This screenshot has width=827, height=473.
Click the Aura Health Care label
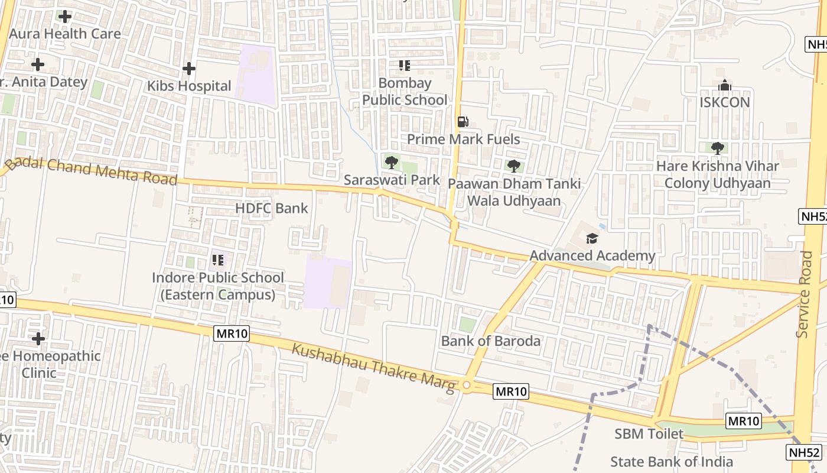coord(65,34)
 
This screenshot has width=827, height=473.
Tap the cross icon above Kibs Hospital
coord(189,69)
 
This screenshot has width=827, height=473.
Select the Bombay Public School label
coord(405,92)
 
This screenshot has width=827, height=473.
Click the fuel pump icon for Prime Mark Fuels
coord(463,122)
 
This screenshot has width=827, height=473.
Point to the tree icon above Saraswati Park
coord(391,162)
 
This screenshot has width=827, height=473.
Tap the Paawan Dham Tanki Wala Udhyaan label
coord(514,192)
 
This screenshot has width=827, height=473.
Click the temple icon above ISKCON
coord(725,86)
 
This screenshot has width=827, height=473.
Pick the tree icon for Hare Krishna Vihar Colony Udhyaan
coord(718,148)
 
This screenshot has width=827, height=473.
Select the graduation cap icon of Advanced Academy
coord(592,238)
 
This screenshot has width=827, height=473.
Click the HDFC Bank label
coord(272,208)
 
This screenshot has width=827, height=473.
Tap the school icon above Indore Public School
coord(218,260)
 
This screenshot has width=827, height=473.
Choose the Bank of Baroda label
coord(491,341)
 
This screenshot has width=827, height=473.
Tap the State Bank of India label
coord(672,462)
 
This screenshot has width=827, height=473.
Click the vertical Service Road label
coord(805,294)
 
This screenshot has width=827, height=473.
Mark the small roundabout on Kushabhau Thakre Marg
coord(467,385)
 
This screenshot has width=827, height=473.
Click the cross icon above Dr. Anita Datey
coord(38,64)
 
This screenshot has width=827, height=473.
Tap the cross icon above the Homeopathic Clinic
coord(38,339)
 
